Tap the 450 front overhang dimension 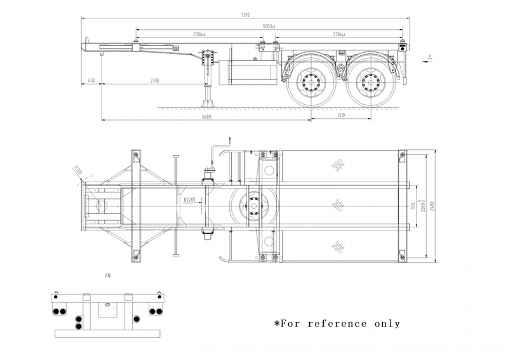click(x=91, y=81)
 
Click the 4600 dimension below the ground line click(x=206, y=116)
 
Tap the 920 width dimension click(x=413, y=205)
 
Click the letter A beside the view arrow click(x=430, y=58)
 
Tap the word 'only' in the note click(x=386, y=323)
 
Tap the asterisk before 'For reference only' click(x=277, y=323)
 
